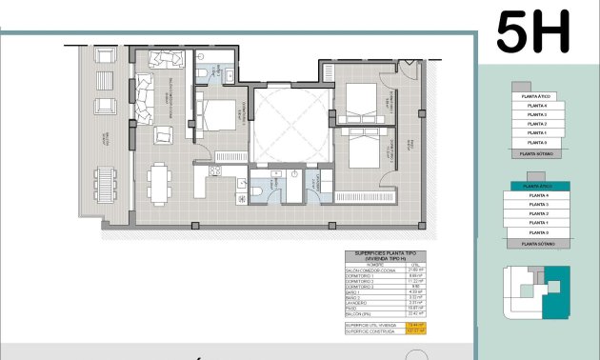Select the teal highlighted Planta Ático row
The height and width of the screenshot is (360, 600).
pos(538,187)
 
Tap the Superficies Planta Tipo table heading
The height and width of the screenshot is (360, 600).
pos(386,256)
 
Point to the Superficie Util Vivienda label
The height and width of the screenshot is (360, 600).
pos(371,326)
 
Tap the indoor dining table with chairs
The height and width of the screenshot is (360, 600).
pos(158,178)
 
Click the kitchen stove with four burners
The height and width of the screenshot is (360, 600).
pos(214,171)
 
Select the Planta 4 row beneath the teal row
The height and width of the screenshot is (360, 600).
pos(538,195)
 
